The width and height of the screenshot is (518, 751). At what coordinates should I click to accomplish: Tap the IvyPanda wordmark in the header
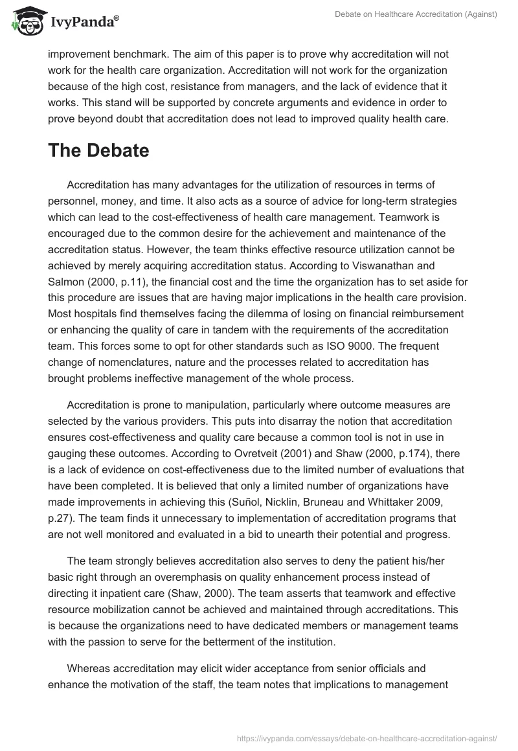(x=84, y=23)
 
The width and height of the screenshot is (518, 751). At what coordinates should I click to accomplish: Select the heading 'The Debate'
(x=98, y=151)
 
